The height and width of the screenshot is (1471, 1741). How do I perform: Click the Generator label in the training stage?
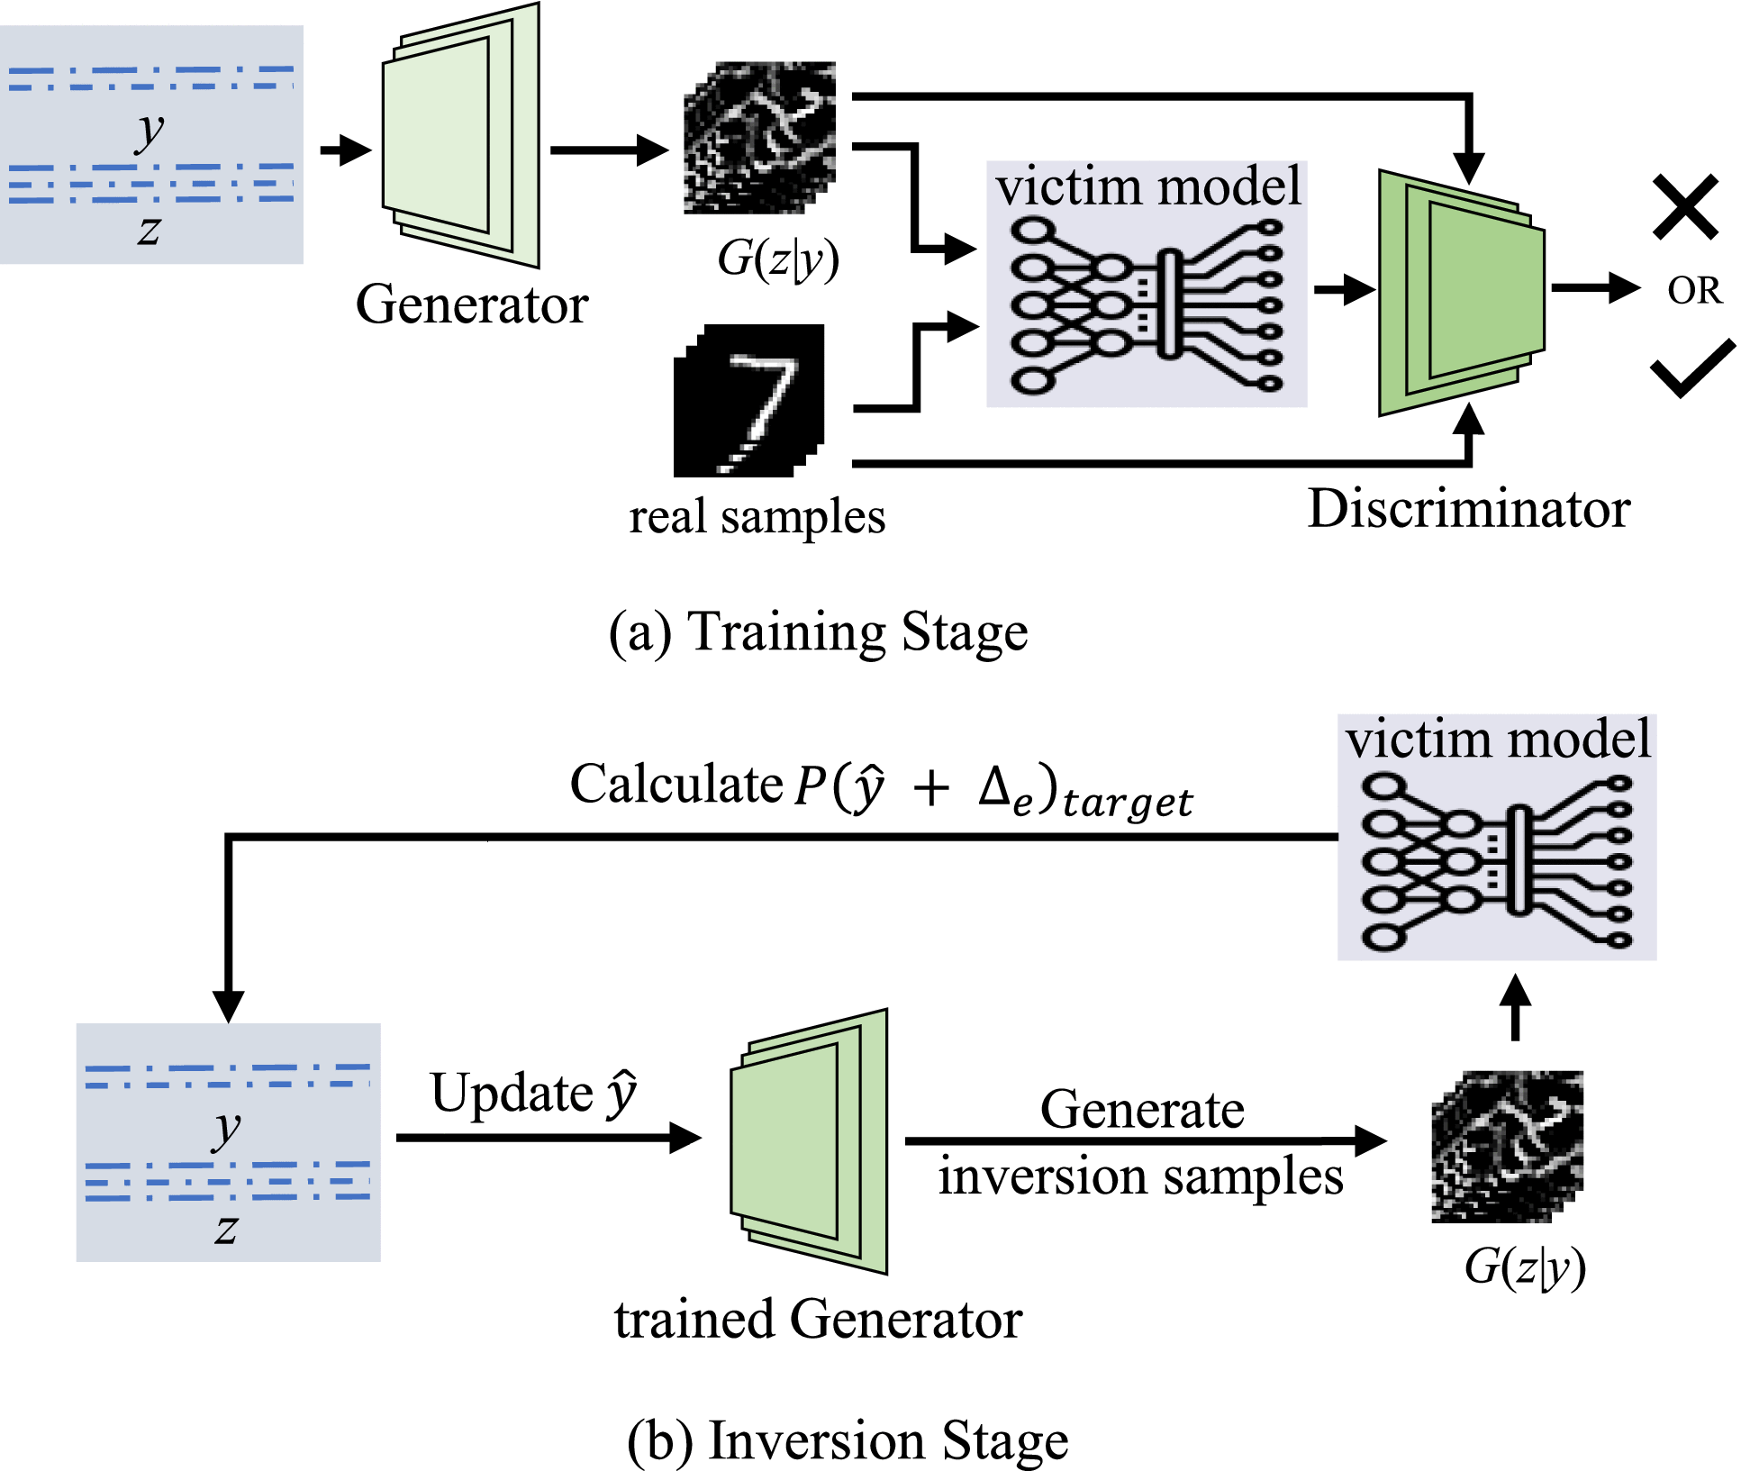472,304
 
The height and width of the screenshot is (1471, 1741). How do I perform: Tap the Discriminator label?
1468,509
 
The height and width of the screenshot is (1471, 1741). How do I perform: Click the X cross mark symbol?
1685,208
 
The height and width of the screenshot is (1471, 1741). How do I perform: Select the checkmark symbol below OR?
1692,368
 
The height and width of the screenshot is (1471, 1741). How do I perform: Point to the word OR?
1694,291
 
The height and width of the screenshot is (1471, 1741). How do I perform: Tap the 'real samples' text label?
757,517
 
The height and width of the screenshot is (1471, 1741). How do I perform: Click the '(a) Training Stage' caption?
818,631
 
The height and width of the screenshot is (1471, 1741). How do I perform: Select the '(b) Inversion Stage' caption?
847,1439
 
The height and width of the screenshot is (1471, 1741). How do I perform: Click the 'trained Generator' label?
818,1320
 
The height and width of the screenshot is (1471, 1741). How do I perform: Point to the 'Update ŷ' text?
534,1094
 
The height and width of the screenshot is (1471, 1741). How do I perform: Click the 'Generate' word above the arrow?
1142,1109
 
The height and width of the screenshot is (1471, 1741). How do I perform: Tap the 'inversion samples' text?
1140,1177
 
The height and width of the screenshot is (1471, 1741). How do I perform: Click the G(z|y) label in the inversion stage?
1524,1267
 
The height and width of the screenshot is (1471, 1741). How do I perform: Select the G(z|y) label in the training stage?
777,259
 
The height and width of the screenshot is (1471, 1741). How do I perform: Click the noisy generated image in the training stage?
759,138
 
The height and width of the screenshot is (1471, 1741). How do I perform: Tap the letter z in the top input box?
150,230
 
